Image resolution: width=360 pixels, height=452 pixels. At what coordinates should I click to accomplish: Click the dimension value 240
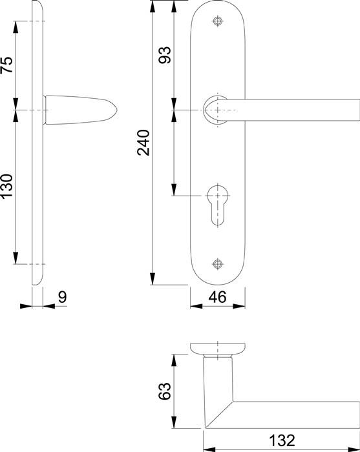[x=143, y=143]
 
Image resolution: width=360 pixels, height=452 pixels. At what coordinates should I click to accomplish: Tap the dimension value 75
[x=6, y=66]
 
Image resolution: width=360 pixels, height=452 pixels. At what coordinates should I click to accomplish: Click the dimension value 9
[x=62, y=298]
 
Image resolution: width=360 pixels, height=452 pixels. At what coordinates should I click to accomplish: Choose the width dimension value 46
[x=218, y=298]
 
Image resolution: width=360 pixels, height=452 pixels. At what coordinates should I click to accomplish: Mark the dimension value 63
[x=165, y=391]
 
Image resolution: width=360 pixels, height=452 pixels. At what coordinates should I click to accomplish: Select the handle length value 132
[x=282, y=441]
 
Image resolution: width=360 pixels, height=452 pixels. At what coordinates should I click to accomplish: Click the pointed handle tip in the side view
[x=116, y=110]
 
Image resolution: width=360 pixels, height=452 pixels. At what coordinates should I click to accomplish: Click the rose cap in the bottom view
[x=218, y=348]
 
